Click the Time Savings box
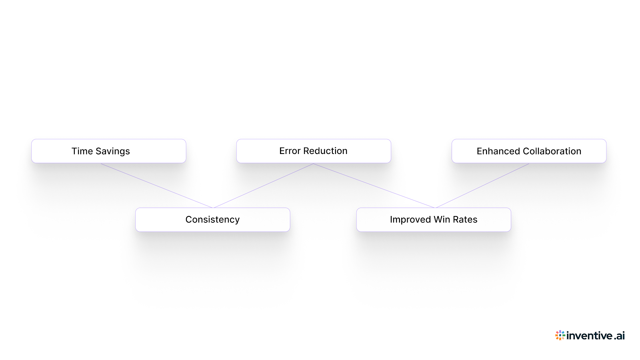[108, 151]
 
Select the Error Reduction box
[314, 151]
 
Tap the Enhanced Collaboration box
[529, 151]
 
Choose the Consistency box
[212, 220]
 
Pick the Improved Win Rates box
[434, 220]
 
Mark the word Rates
[465, 220]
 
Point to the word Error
[290, 151]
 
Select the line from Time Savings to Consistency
[157, 186]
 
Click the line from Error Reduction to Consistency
[263, 186]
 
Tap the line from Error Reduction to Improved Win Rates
[374, 186]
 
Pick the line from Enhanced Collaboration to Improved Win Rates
[482, 186]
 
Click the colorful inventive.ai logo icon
[560, 335]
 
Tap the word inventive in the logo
[589, 336]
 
